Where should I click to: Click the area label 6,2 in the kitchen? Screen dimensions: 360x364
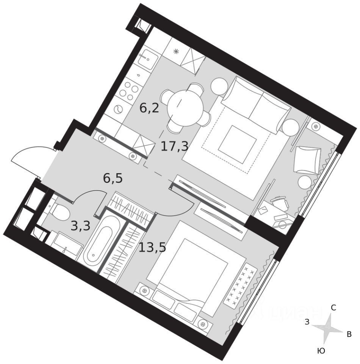click(x=149, y=109)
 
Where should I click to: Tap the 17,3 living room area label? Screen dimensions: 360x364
click(x=174, y=146)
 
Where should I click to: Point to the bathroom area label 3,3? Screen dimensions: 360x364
click(x=80, y=226)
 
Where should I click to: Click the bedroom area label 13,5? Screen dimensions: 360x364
click(x=152, y=248)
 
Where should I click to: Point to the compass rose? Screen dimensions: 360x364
click(x=328, y=329)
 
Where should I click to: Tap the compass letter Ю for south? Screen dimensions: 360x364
click(x=321, y=351)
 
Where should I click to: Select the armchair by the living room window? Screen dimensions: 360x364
click(x=307, y=159)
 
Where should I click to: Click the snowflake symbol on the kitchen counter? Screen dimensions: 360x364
click(x=176, y=52)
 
